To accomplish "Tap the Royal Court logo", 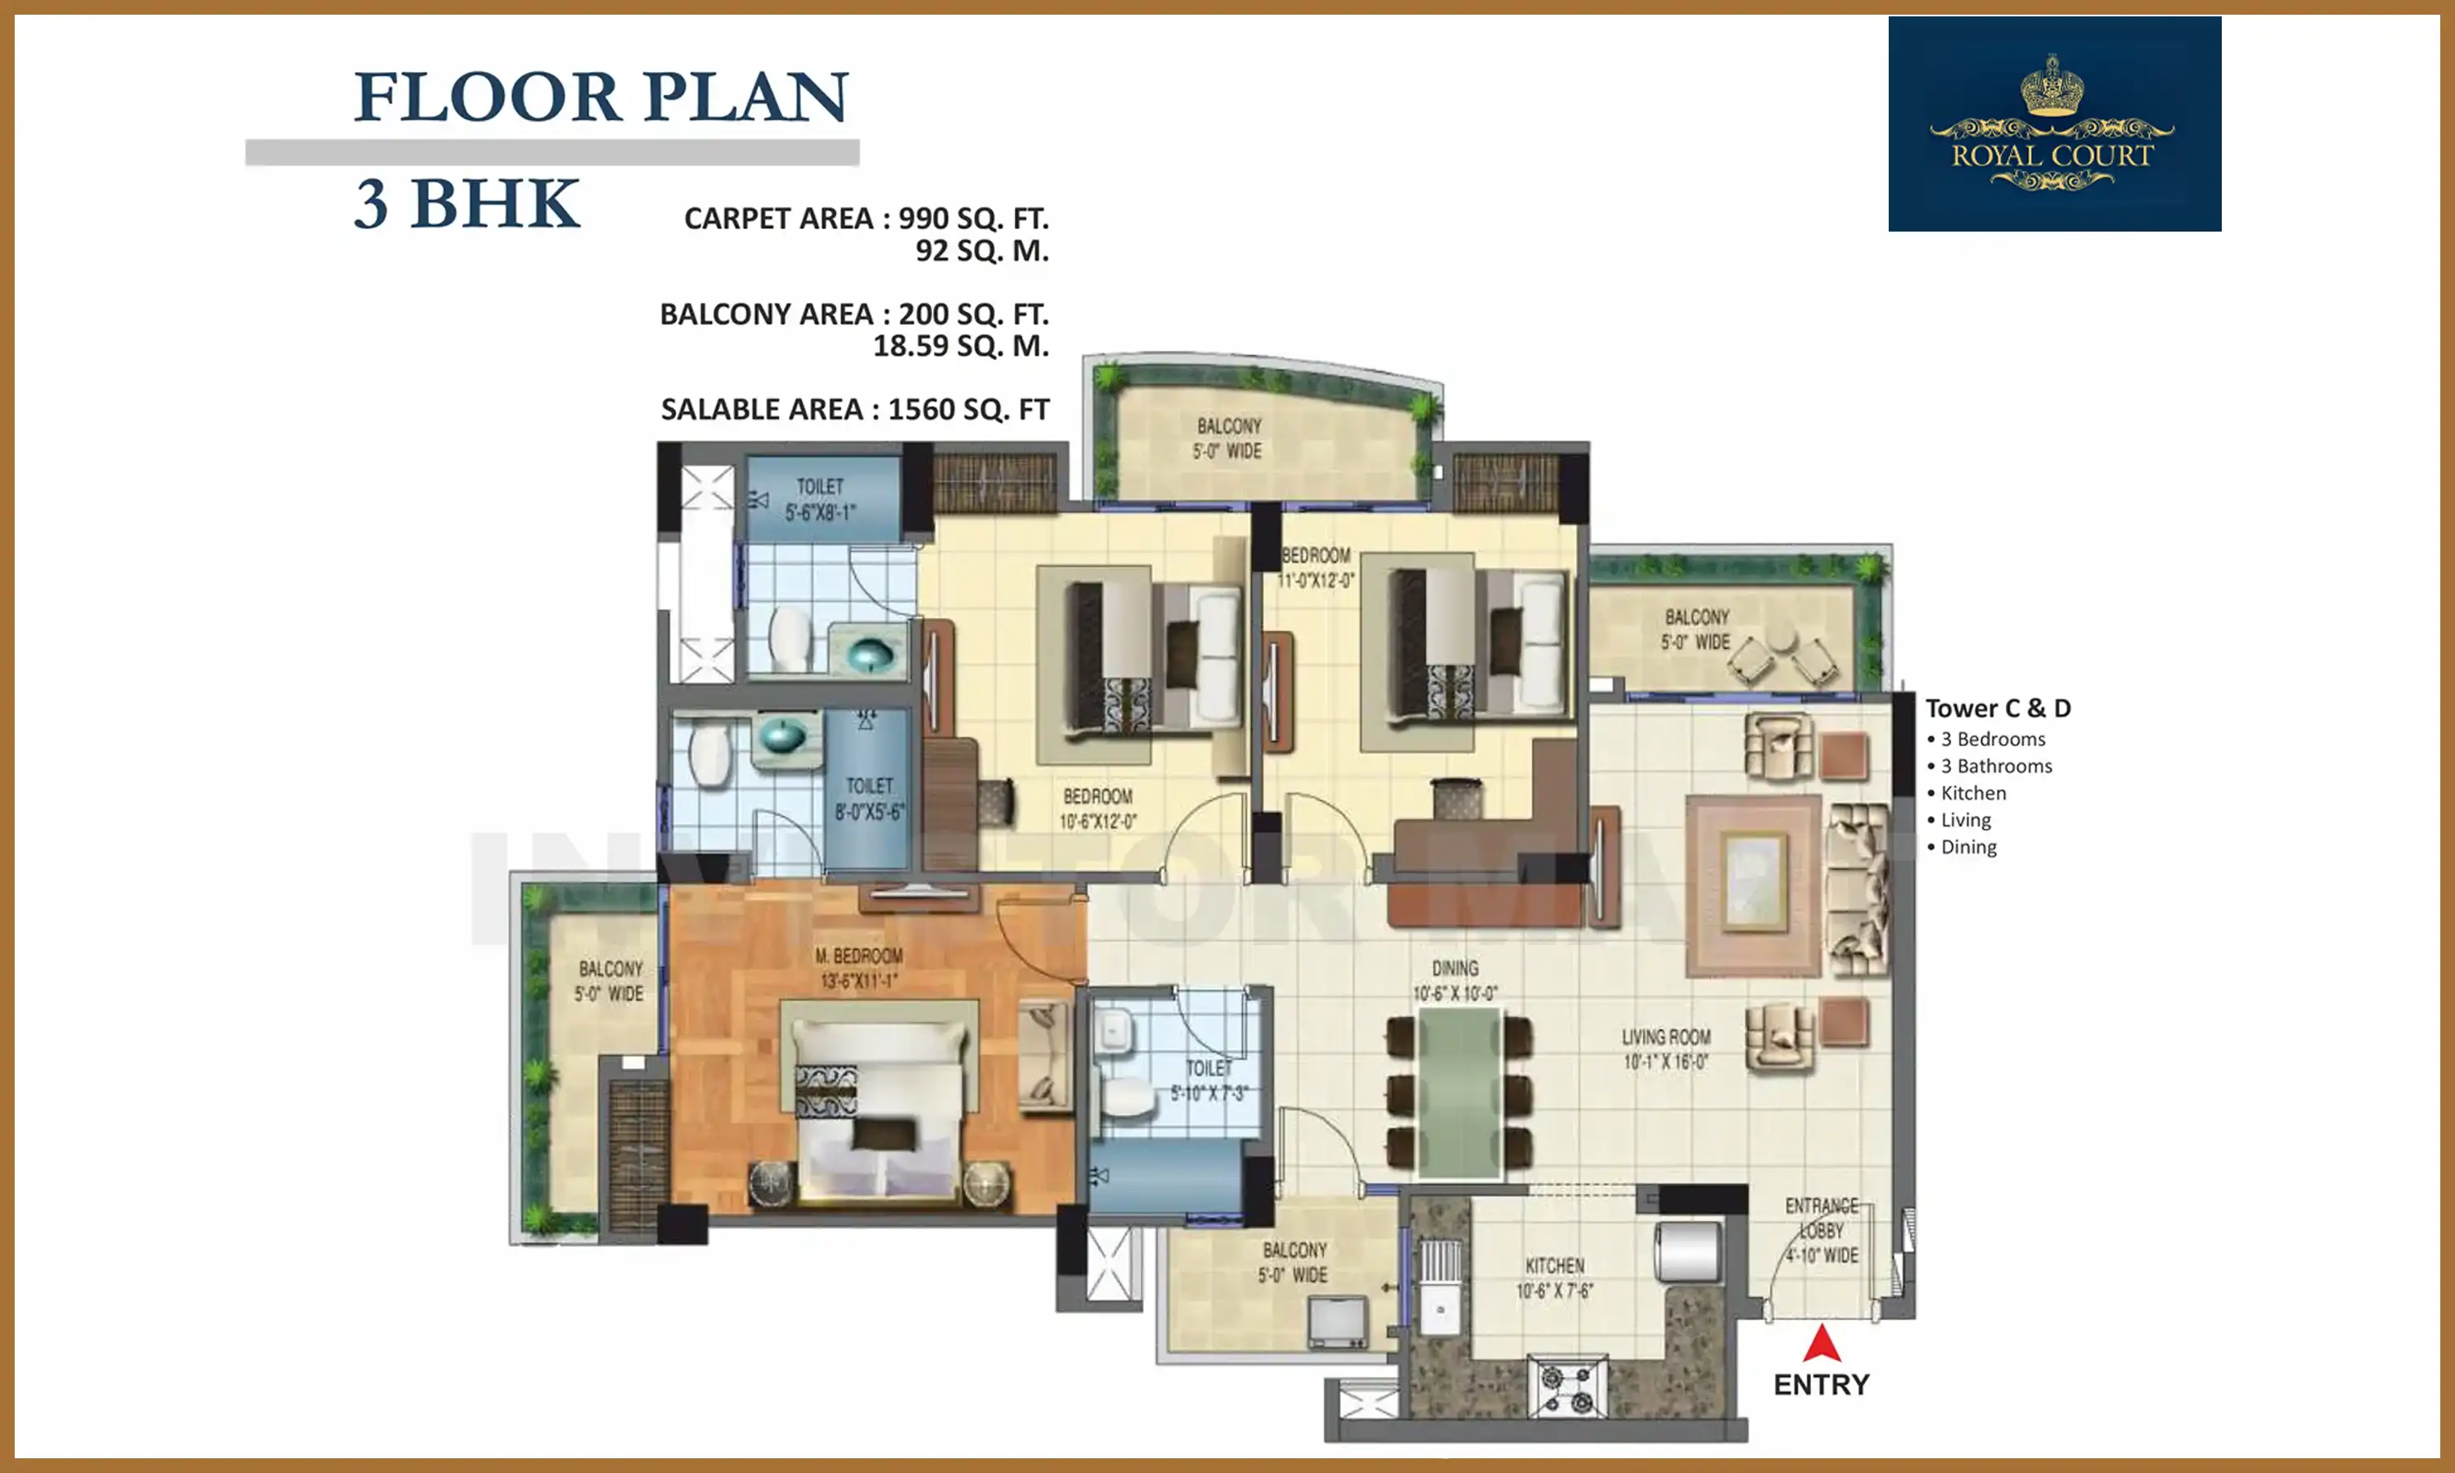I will [2054, 124].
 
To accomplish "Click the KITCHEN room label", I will [1554, 1277].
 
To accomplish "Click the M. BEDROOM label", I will [858, 968].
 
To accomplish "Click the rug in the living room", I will [1752, 885].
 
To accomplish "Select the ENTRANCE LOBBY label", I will [1822, 1231].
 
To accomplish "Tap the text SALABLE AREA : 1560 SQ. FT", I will [854, 409].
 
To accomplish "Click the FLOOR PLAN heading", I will [601, 97].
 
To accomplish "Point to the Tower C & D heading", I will [1998, 708].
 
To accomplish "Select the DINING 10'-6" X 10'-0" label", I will [1455, 980].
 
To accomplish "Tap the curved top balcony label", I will [1228, 438].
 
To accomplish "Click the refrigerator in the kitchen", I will [1687, 1252].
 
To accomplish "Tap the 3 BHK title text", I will [466, 205].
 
